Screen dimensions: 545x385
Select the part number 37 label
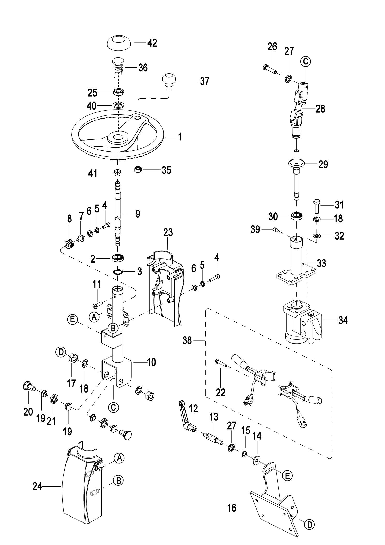204,81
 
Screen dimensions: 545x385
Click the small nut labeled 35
138,170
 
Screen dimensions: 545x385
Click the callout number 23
168,232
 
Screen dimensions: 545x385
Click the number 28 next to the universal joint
320,109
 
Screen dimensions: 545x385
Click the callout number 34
343,321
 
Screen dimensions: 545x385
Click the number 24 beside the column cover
37,487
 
